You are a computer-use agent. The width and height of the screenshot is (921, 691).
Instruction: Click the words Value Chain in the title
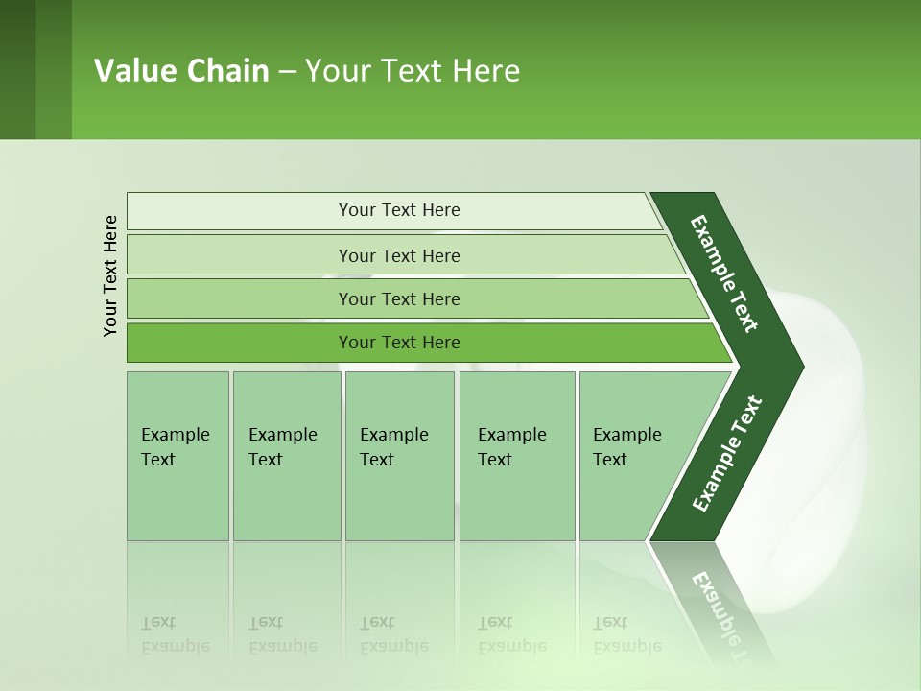(181, 71)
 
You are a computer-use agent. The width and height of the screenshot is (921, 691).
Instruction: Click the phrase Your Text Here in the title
(413, 71)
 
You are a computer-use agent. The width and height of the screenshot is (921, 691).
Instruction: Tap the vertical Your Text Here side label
(110, 275)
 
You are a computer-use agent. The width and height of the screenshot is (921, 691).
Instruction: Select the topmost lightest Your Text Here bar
(399, 210)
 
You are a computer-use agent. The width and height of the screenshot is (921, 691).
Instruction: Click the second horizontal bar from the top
(399, 255)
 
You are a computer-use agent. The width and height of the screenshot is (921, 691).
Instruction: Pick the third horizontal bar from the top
(399, 298)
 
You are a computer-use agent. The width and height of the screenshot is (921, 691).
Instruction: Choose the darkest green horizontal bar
(399, 343)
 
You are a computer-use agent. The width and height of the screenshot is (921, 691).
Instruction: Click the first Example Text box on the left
(177, 456)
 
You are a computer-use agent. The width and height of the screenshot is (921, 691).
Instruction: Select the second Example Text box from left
(286, 456)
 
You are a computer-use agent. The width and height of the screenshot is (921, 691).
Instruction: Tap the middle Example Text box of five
(399, 456)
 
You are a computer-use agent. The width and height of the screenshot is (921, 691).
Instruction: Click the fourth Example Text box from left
(516, 456)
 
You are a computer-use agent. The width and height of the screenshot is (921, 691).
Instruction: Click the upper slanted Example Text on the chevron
(724, 274)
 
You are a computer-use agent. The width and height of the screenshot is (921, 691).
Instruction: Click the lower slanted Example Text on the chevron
(726, 454)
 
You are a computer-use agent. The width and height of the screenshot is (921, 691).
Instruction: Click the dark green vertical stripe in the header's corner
(17, 69)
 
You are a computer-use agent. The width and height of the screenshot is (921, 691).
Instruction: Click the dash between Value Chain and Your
(287, 72)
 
